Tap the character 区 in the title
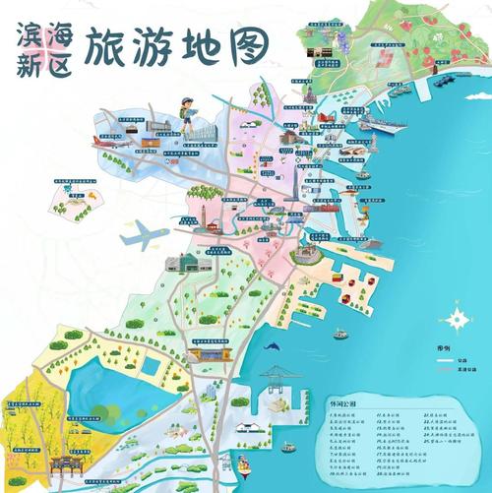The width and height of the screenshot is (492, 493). [61, 64]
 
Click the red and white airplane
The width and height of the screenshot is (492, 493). [114, 142]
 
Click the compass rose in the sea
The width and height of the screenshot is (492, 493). [458, 319]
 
